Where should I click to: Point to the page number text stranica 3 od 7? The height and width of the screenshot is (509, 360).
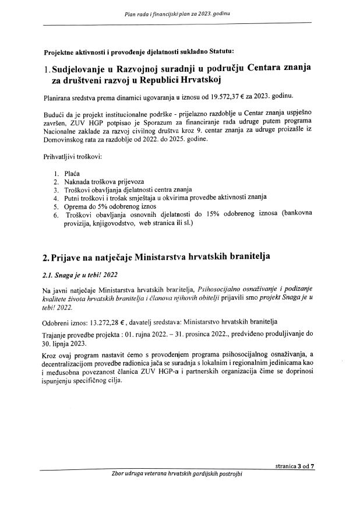295,465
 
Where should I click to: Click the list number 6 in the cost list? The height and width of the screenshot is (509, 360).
54,215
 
